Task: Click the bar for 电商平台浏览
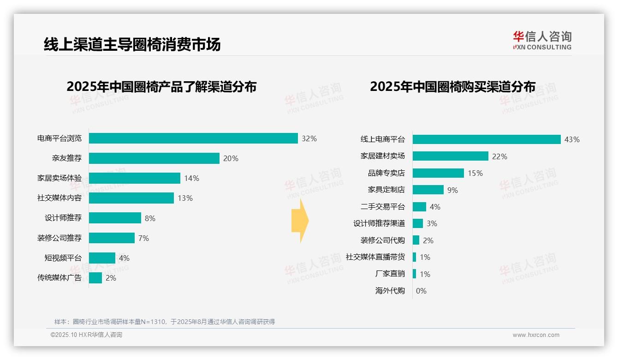193,138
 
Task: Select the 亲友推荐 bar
154,158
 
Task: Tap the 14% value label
191,178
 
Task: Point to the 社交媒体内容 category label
59,198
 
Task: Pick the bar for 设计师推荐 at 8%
115,218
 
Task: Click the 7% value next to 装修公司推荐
143,238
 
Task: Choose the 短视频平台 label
63,258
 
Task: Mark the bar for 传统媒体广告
95,278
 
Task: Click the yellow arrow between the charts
300,221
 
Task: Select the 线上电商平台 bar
487,139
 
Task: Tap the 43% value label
572,139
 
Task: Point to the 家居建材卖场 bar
450,156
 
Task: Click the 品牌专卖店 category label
386,173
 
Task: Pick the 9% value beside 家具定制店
452,190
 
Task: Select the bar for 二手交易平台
419,207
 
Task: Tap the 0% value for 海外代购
421,291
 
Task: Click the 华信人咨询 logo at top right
542,41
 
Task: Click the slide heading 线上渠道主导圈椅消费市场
132,44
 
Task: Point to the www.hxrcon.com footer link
536,335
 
